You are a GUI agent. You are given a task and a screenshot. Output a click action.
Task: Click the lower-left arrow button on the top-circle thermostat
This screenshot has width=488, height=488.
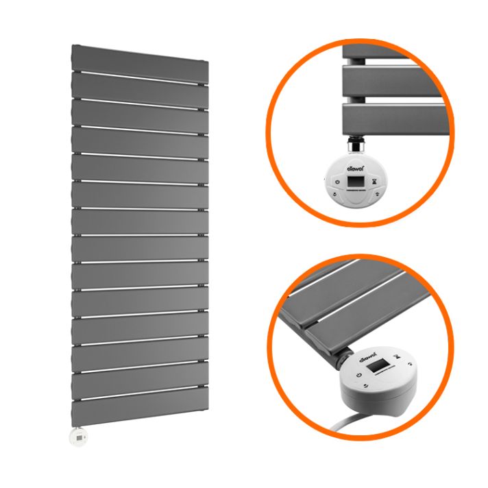[x=334, y=193]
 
